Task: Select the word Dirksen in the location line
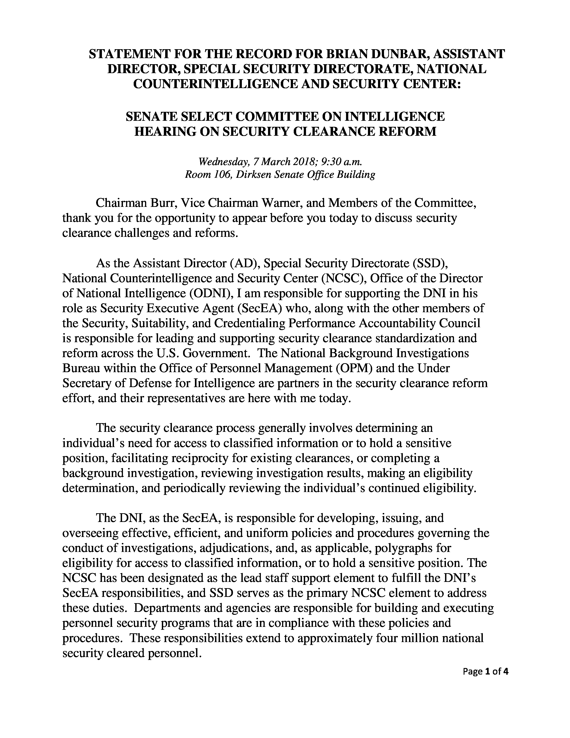tap(254, 175)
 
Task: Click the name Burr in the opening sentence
tap(163, 203)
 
